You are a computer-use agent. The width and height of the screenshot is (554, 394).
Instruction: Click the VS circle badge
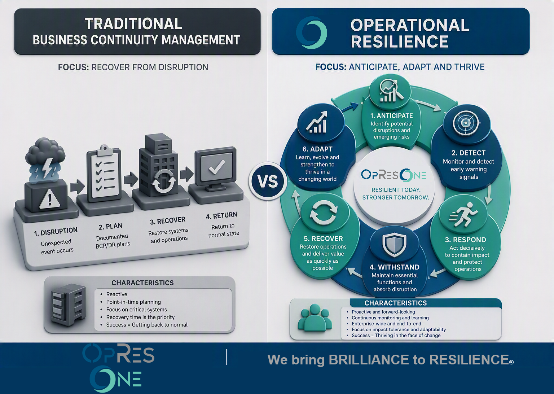point(268,181)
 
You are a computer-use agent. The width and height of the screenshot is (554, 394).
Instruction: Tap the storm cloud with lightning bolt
point(45,159)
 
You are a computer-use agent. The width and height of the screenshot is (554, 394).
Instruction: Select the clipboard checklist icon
point(104,173)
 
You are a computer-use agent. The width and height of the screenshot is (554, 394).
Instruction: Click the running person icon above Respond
point(463,214)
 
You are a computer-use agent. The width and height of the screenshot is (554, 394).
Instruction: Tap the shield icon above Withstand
point(394,245)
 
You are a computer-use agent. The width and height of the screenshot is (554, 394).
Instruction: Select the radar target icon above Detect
point(466,123)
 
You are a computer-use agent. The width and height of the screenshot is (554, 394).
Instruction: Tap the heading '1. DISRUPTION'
point(56,232)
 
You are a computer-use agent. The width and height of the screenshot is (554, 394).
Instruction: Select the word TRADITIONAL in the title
point(133,24)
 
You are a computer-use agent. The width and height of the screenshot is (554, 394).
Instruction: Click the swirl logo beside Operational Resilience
point(312,32)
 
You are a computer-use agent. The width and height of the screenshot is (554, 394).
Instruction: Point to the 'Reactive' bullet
point(116,294)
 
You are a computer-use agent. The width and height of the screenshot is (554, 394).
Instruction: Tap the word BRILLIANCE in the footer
point(369,360)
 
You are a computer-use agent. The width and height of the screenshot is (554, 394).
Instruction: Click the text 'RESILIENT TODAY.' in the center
point(396,190)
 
